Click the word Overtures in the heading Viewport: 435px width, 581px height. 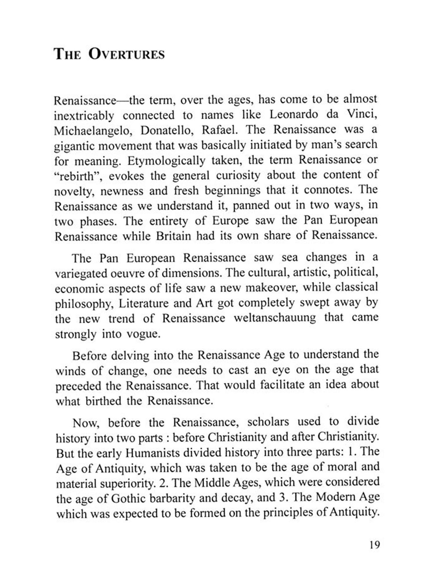(126, 54)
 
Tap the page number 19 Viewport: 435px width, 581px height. (374, 545)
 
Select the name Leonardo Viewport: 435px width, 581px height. (294, 114)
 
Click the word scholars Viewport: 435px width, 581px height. (268, 422)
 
